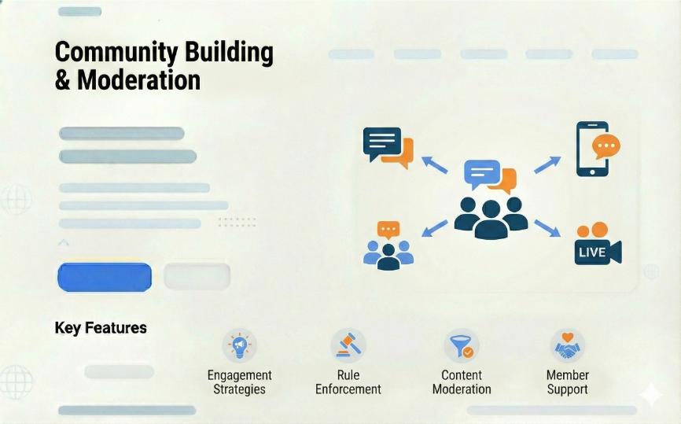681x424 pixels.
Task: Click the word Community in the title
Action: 116,53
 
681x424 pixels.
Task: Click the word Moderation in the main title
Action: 139,80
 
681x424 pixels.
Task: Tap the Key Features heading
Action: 101,327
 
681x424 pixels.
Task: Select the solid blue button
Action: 105,277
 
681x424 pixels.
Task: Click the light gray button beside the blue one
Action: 197,276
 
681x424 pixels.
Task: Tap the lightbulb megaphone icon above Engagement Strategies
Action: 239,345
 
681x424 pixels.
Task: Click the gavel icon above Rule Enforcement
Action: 348,345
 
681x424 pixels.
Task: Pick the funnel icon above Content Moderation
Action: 462,346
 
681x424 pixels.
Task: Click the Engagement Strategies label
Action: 239,382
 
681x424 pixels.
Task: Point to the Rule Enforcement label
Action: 348,382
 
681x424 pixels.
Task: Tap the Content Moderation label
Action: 462,382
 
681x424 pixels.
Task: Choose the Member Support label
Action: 568,382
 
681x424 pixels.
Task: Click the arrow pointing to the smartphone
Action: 547,165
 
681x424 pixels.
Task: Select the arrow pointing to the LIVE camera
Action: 547,228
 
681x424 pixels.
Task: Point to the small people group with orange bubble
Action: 388,246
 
